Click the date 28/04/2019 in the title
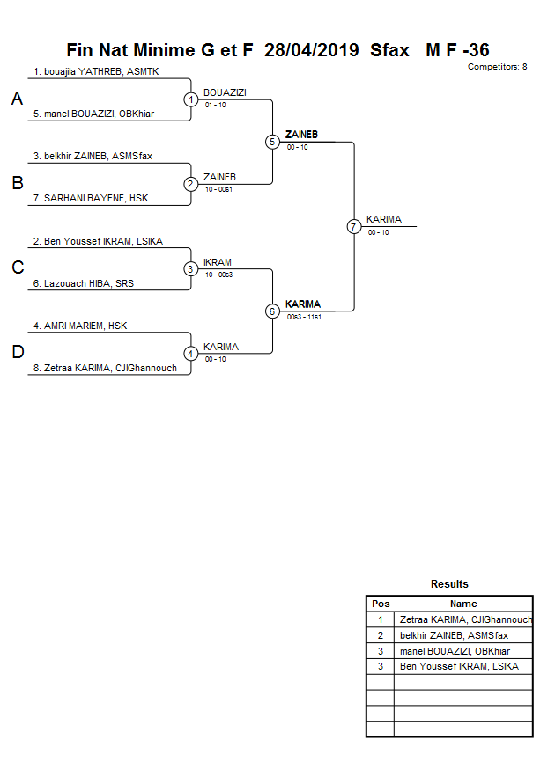[x=311, y=50]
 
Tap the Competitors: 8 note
[x=498, y=67]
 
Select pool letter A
[x=17, y=99]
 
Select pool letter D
[x=17, y=353]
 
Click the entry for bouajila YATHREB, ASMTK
[x=96, y=71]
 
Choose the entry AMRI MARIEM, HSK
[x=80, y=326]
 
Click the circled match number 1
[x=191, y=99]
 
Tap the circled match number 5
[x=272, y=142]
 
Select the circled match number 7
[x=354, y=226]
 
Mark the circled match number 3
[x=191, y=268]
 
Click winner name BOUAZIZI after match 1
[x=225, y=92]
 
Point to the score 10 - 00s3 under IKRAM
[x=218, y=275]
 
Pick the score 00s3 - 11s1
[x=304, y=317]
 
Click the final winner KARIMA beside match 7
[x=383, y=219]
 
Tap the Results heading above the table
[x=449, y=584]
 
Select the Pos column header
[x=381, y=604]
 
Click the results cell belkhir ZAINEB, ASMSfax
[x=454, y=635]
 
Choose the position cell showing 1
[x=381, y=619]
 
